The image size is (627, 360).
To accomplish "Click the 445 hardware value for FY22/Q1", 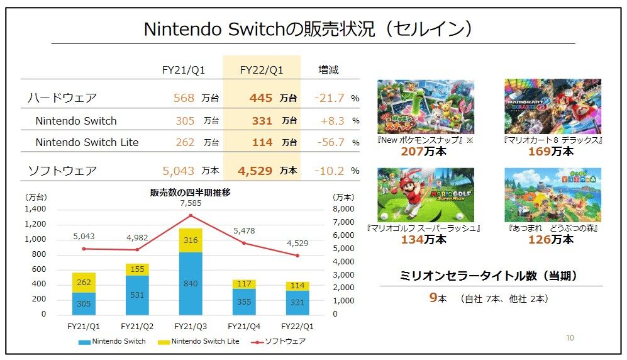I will (x=260, y=98).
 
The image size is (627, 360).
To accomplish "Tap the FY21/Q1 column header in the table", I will (x=184, y=70).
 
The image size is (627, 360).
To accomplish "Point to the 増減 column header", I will (x=328, y=70).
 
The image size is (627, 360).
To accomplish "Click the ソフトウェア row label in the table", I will (x=62, y=171).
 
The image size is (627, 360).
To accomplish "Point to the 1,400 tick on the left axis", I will (x=35, y=209).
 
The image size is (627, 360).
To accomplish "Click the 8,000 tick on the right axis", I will (x=341, y=209).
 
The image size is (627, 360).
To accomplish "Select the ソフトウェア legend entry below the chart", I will (x=280, y=342).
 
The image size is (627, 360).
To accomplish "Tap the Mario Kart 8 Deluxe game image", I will (x=552, y=106).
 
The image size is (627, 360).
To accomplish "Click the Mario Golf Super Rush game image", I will (x=425, y=194).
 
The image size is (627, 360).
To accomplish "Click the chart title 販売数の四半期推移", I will (x=190, y=193).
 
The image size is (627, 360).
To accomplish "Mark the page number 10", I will (x=570, y=338).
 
